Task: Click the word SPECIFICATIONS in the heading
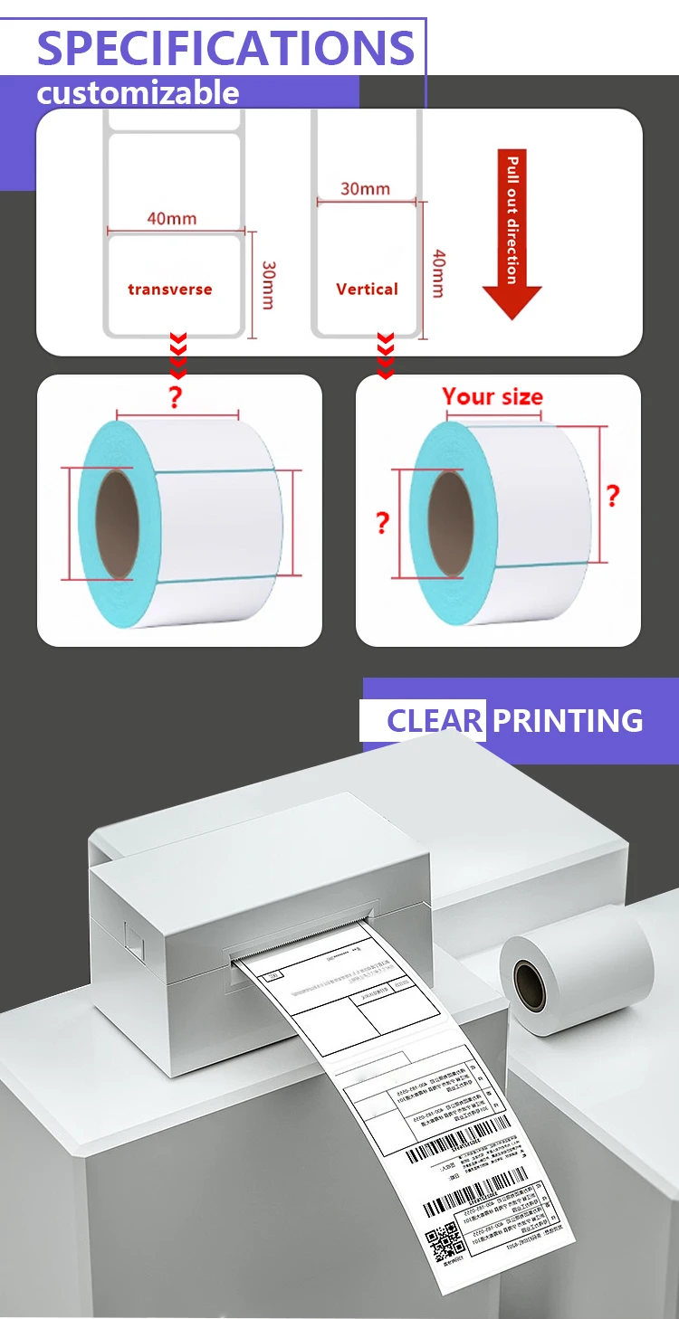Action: click(x=225, y=47)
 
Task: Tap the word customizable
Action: click(x=138, y=93)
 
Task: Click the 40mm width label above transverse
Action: click(x=171, y=218)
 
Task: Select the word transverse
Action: click(x=170, y=289)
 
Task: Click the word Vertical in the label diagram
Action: click(x=367, y=289)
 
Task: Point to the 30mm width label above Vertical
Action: click(x=365, y=189)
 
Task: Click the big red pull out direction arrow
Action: click(x=512, y=235)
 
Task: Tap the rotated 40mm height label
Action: click(x=437, y=274)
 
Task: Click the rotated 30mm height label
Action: click(x=268, y=285)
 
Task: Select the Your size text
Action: click(x=493, y=397)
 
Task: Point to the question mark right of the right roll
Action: click(x=613, y=496)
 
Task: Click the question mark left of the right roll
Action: click(x=382, y=523)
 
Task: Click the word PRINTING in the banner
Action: click(x=568, y=721)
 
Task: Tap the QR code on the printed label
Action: click(x=445, y=1242)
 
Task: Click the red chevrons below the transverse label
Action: click(x=178, y=356)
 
